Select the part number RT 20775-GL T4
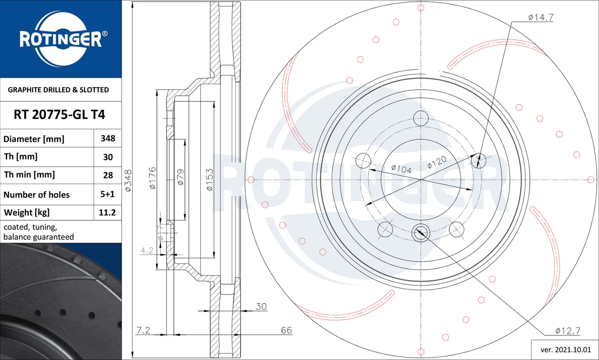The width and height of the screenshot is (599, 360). (x=60, y=115)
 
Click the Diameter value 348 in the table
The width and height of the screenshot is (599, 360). (x=108, y=138)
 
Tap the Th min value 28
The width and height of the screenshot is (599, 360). (x=108, y=175)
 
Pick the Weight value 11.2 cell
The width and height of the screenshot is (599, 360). (x=107, y=212)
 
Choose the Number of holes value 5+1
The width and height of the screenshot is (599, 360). (x=107, y=194)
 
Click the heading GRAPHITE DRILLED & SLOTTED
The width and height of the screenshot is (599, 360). (x=58, y=90)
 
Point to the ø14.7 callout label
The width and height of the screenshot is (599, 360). (x=540, y=18)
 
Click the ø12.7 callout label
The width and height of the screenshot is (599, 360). (x=568, y=331)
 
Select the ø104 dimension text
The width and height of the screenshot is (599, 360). (x=401, y=169)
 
